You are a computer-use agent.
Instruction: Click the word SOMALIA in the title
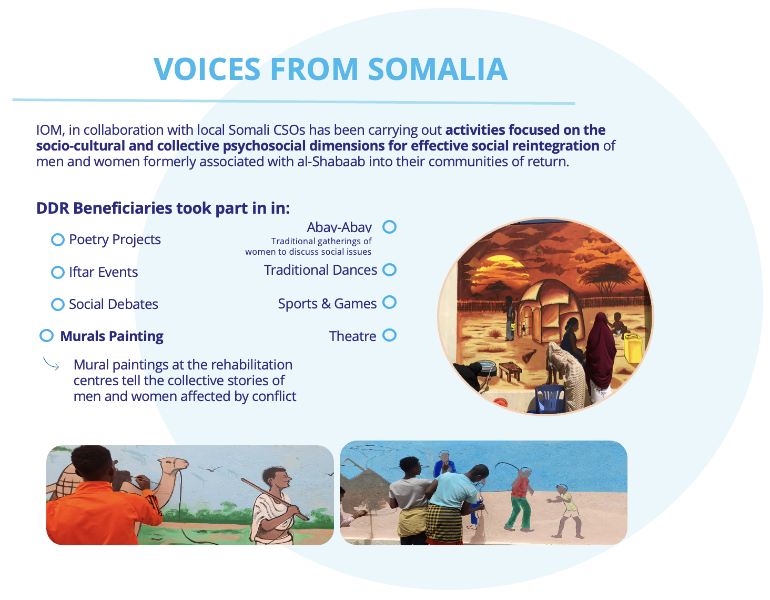[x=438, y=69]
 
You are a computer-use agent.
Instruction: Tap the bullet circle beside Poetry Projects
[x=58, y=239]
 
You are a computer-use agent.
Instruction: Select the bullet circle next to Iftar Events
[x=58, y=272]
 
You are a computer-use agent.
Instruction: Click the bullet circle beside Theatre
[x=389, y=335]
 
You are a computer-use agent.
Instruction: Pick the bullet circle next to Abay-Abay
[x=389, y=227]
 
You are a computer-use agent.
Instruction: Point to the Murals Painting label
[x=112, y=336]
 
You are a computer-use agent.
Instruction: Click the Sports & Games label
[x=327, y=304]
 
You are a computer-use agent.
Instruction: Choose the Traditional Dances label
[x=320, y=270]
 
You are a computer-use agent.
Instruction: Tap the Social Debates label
[x=114, y=304]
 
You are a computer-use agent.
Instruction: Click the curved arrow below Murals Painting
[x=52, y=364]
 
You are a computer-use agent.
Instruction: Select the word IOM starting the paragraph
[x=50, y=130]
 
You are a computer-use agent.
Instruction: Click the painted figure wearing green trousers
[x=520, y=499]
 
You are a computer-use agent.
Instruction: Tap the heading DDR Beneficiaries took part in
[x=163, y=208]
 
